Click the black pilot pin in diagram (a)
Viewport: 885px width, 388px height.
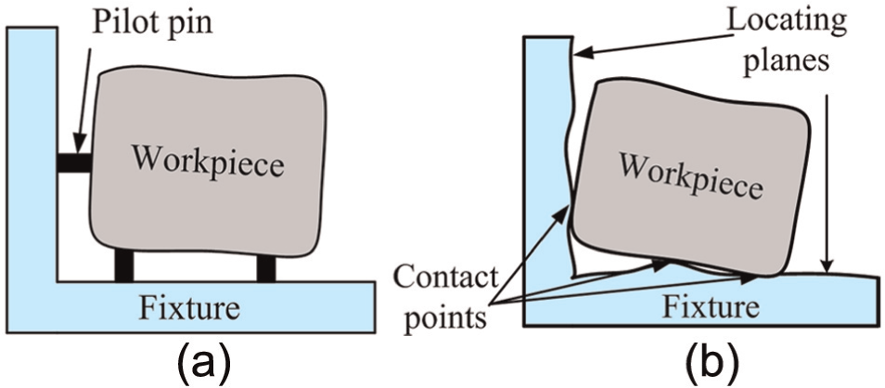click(x=73, y=163)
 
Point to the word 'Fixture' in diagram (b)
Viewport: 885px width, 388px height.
click(x=710, y=307)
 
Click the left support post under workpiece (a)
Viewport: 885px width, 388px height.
click(x=124, y=265)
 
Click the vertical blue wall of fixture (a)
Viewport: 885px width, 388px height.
click(x=32, y=152)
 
